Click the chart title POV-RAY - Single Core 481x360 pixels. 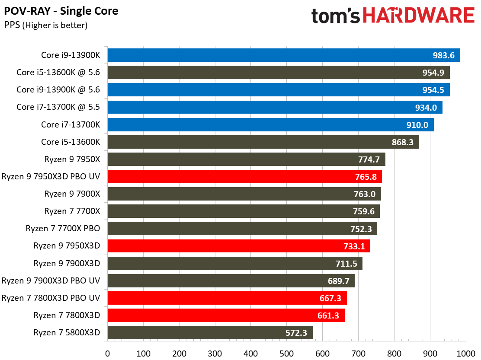click(x=61, y=11)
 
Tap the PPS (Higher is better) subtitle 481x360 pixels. click(x=46, y=25)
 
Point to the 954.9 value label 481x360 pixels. click(x=433, y=73)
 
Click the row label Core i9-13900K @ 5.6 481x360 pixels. click(x=58, y=89)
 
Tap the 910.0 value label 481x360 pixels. click(x=417, y=124)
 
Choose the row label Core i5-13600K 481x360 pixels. click(x=71, y=142)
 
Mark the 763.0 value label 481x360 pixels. click(x=365, y=194)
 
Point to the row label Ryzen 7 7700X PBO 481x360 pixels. click(x=63, y=229)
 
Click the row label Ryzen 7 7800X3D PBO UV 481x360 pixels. click(x=51, y=298)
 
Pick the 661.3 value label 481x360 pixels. click(x=328, y=315)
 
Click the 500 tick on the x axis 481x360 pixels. click(x=287, y=353)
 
